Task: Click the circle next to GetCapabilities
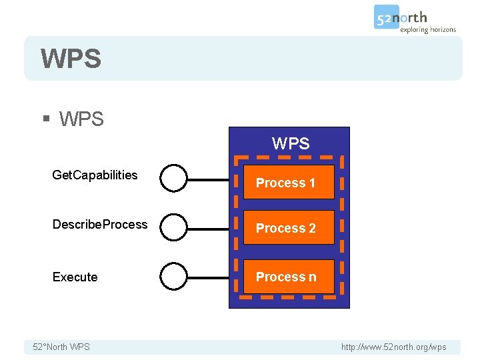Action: tap(174, 179)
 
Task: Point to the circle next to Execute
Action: tap(174, 276)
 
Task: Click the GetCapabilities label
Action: tap(95, 175)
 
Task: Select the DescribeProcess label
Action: tap(100, 225)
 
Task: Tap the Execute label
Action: tap(75, 277)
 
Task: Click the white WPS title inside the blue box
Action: tap(291, 143)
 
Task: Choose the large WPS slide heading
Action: tap(71, 59)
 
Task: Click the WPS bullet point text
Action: tap(81, 119)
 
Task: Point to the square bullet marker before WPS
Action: tap(46, 119)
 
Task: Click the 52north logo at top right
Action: tap(401, 17)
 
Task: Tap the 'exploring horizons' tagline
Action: tap(427, 30)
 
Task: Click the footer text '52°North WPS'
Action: tap(61, 347)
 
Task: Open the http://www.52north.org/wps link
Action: tap(394, 347)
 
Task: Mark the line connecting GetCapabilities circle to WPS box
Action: tap(208, 179)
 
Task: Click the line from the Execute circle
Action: tap(208, 277)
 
